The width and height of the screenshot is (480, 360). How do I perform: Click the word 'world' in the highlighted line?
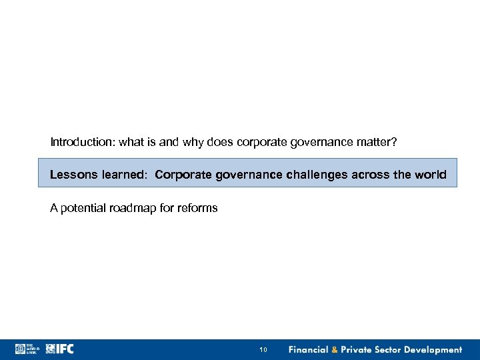[431, 175]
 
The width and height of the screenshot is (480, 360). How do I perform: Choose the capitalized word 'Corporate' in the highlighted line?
[181, 175]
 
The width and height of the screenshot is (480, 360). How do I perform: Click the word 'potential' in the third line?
[82, 208]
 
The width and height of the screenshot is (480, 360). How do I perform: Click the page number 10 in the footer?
[263, 350]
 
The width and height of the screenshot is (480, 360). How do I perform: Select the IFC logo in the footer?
[60, 349]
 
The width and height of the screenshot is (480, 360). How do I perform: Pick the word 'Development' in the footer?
[432, 350]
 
